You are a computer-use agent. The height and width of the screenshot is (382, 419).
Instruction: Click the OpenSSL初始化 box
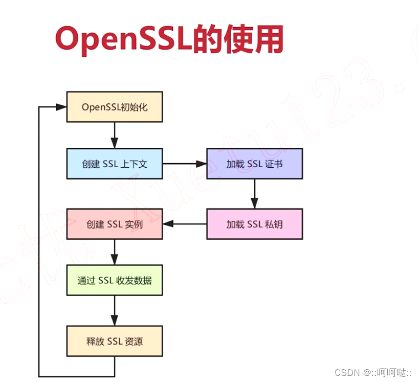coord(115,107)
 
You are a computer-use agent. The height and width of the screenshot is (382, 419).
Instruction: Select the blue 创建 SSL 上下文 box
coord(115,164)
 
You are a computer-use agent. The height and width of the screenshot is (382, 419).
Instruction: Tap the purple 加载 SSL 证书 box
coord(254,164)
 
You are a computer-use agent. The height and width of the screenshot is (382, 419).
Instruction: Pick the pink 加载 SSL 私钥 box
coord(254,224)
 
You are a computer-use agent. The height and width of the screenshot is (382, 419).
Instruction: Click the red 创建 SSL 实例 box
coord(115,224)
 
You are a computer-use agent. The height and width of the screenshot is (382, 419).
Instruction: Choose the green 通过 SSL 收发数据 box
coord(115,280)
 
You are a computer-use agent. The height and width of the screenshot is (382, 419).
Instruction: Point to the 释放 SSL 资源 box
coord(115,341)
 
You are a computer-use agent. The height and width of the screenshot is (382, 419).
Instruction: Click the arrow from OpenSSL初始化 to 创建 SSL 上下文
coord(115,135)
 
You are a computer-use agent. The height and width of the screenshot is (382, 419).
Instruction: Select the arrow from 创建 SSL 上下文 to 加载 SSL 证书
coord(184,164)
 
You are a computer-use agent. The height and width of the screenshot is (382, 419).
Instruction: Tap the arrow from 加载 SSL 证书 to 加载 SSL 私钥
coord(254,194)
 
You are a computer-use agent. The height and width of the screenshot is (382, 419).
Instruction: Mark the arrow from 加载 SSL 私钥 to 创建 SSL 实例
coord(185,224)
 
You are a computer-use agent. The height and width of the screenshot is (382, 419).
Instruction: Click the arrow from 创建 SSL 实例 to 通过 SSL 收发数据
coord(115,252)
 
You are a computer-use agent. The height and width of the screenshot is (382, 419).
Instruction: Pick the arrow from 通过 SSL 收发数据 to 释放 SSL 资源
coord(115,310)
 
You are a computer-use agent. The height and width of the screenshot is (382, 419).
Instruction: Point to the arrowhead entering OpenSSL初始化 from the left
coord(61,107)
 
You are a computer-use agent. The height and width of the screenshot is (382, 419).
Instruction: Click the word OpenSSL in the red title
coord(123,40)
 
